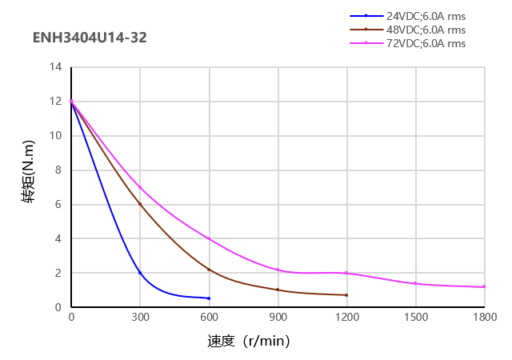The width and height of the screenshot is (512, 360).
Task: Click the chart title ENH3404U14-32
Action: (x=90, y=37)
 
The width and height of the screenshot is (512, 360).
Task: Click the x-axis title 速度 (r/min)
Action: (x=249, y=342)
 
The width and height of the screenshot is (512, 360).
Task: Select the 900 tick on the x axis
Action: (x=278, y=318)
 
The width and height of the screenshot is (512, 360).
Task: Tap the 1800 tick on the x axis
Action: (x=484, y=318)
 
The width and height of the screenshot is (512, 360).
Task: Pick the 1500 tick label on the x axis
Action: (x=415, y=318)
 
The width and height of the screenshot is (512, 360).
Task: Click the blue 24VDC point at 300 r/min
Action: (x=140, y=273)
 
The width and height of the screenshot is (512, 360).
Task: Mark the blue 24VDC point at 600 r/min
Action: (x=209, y=298)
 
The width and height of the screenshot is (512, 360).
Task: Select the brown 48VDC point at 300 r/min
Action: (x=140, y=204)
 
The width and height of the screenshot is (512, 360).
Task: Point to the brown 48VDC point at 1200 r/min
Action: (x=346, y=295)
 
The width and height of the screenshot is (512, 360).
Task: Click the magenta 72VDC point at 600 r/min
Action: (x=209, y=238)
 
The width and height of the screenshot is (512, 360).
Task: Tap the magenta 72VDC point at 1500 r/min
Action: (x=415, y=283)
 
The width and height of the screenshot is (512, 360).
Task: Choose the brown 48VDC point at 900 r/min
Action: (x=278, y=290)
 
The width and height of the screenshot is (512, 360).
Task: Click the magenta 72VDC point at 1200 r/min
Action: (x=346, y=273)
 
